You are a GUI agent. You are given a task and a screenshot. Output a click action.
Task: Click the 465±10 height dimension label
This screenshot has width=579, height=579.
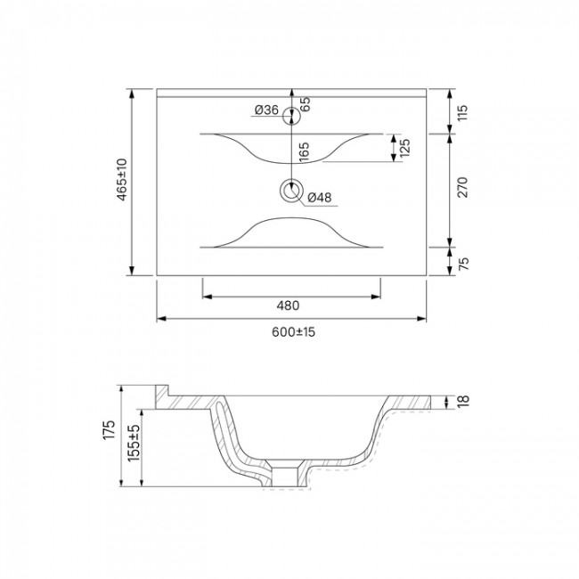[x=122, y=179]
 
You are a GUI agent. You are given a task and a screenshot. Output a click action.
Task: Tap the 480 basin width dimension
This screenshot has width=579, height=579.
[x=288, y=306]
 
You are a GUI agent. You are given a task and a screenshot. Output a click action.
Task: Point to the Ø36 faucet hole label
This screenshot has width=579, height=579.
[x=266, y=110]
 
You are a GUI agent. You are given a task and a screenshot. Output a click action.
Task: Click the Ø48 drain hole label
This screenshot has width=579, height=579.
[x=320, y=198]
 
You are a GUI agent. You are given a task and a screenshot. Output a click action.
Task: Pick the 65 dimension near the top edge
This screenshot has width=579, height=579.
[x=305, y=104]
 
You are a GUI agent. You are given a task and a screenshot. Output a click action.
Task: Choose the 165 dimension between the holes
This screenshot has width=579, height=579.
[x=304, y=151]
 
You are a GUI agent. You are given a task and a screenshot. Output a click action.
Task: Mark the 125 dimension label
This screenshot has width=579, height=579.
[x=404, y=148]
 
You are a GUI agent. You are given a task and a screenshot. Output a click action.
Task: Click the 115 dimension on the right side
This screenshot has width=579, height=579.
[x=462, y=112]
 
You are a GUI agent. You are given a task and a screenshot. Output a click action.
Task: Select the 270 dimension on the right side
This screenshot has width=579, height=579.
[x=462, y=187]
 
